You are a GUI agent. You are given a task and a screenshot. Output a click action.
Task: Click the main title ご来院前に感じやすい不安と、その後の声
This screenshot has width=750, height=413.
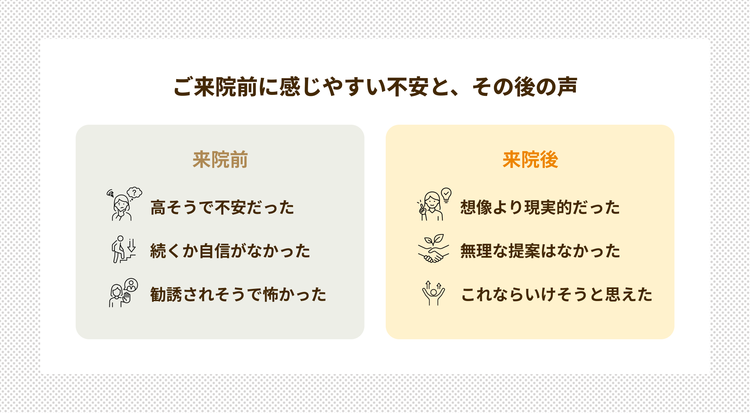pyautogui.click(x=375, y=87)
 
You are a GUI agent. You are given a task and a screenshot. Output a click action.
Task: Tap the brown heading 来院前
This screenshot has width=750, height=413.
pyautogui.click(x=220, y=160)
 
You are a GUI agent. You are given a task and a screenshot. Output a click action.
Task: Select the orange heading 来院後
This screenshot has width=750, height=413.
pyautogui.click(x=530, y=160)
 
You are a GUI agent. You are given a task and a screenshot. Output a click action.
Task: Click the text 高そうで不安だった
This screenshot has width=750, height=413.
pyautogui.click(x=222, y=207)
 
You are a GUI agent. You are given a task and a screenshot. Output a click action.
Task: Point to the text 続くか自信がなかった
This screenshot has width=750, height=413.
pyautogui.click(x=230, y=251)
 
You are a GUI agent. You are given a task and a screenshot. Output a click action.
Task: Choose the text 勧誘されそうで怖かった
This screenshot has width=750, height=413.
pyautogui.click(x=238, y=294)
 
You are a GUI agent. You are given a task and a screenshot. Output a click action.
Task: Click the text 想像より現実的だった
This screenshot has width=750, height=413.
pyautogui.click(x=540, y=207)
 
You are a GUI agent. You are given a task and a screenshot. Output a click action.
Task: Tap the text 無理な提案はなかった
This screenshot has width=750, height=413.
pyautogui.click(x=540, y=251)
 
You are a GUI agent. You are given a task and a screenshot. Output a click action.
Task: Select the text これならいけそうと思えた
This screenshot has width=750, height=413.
pyautogui.click(x=556, y=294)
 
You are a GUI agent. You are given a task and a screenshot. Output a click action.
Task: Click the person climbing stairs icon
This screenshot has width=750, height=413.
pyautogui.click(x=119, y=250)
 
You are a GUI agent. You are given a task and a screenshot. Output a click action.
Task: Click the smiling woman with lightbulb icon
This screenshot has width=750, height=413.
pyautogui.click(x=432, y=206)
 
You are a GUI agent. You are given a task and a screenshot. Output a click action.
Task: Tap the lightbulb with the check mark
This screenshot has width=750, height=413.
pyautogui.click(x=446, y=194)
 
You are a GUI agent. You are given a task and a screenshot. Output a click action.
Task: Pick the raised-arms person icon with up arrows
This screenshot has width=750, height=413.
pyautogui.click(x=433, y=293)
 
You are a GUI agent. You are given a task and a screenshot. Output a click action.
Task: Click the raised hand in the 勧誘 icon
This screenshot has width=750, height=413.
pyautogui.click(x=127, y=297)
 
